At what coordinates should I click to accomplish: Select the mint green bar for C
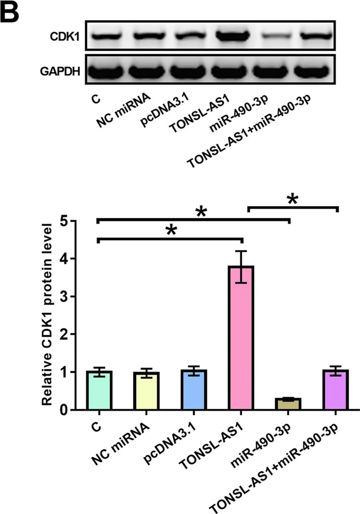click(x=100, y=391)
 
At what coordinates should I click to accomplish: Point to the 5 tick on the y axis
click(x=74, y=222)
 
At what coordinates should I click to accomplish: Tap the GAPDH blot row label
click(x=60, y=71)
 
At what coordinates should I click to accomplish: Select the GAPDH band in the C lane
click(x=104, y=71)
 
